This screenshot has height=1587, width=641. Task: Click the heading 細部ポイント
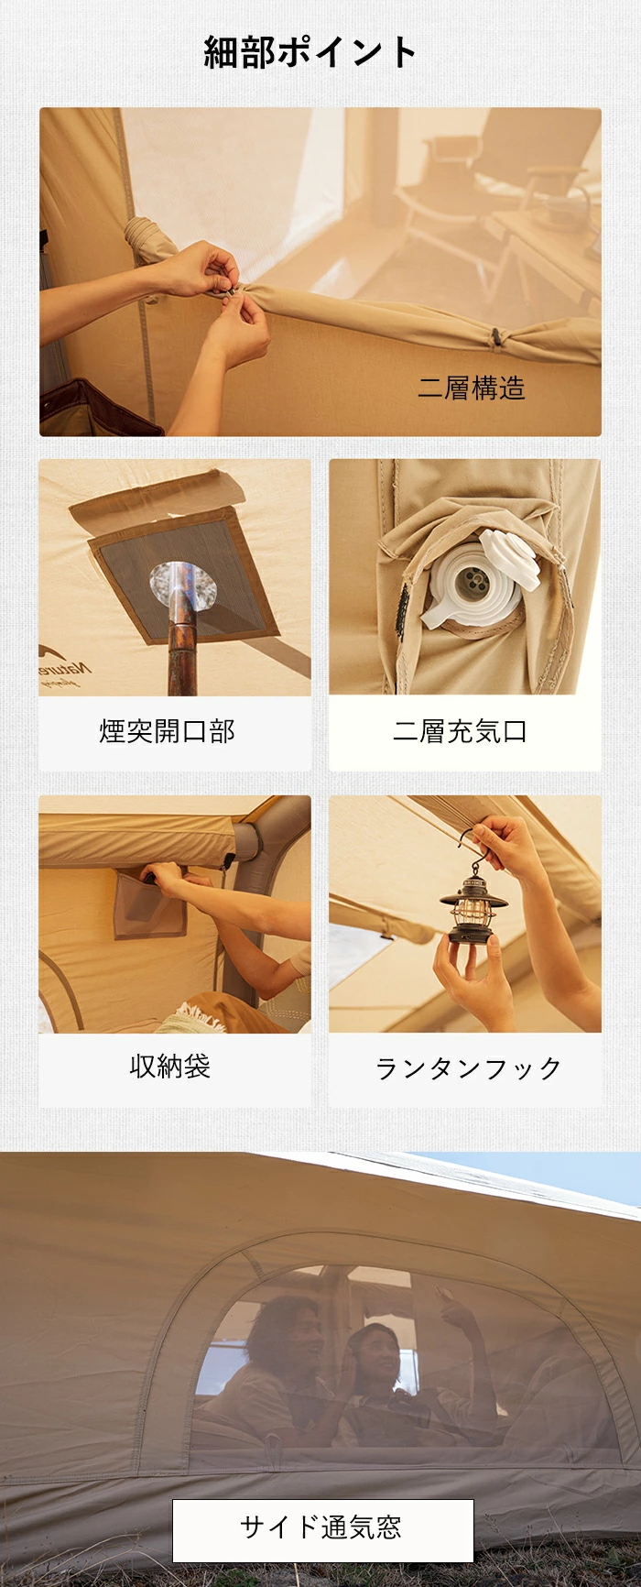coord(310,52)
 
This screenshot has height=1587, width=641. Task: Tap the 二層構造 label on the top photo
coord(472,389)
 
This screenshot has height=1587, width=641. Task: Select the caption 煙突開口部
coord(168,731)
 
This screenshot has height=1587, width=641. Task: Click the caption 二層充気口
coord(460,731)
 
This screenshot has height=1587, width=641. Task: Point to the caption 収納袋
coord(170,1067)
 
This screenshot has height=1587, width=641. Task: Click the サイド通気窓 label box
coord(322,1530)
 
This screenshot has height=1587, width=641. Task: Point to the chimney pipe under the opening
coord(184,632)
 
